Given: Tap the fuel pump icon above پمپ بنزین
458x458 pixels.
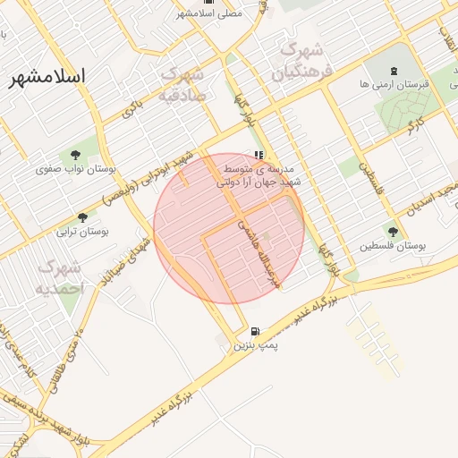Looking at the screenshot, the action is (257, 330).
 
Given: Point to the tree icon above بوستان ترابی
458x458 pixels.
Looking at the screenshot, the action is (83, 217).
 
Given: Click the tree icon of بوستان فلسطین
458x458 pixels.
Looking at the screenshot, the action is (393, 232).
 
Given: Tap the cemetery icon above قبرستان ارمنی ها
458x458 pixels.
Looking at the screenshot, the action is (394, 71).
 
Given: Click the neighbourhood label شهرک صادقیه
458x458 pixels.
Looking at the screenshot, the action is (182, 83).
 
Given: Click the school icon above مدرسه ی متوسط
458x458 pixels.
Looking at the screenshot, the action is (259, 155).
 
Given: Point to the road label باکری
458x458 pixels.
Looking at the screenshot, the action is (133, 109).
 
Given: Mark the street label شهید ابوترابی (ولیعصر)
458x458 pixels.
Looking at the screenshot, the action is (149, 178).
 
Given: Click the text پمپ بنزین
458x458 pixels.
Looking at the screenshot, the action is (251, 343).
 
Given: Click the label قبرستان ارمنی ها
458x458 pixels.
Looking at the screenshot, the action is (394, 83).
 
